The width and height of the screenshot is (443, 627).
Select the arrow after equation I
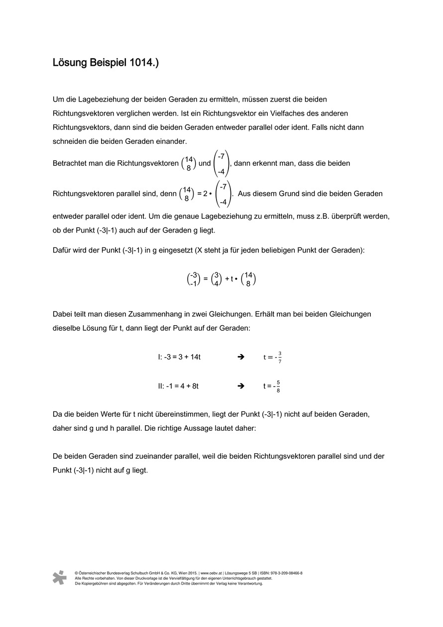[241, 357]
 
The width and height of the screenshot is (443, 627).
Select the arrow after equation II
[241, 385]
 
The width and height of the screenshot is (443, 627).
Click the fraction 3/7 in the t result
[280, 357]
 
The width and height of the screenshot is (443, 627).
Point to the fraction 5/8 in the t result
[278, 386]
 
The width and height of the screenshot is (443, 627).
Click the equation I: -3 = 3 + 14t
[179, 357]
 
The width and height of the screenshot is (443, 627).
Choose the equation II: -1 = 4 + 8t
[178, 385]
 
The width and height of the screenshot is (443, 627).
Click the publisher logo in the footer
[59, 577]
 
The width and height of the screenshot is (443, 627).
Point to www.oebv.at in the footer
[211, 573]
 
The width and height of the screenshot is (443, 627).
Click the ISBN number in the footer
[285, 573]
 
